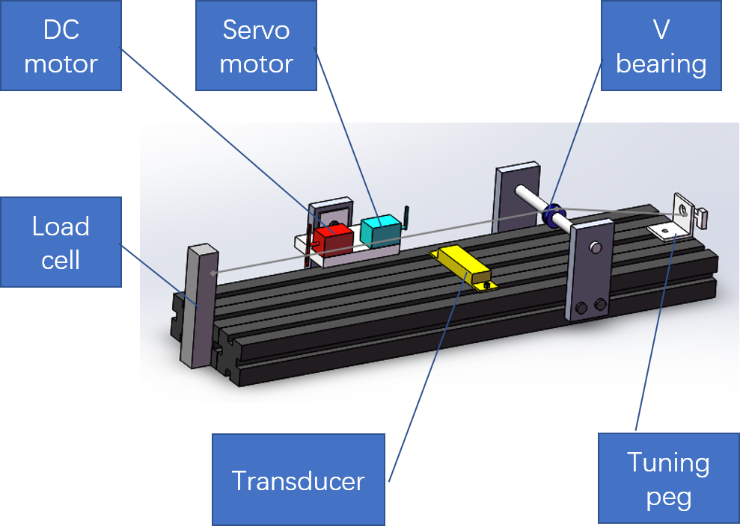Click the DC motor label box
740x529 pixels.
(x=61, y=46)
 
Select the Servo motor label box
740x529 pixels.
(x=256, y=46)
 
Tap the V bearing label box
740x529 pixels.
(x=661, y=46)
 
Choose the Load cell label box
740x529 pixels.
(x=61, y=241)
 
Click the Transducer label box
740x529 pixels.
(x=298, y=479)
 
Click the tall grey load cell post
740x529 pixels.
(x=197, y=306)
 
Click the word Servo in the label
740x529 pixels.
(x=256, y=30)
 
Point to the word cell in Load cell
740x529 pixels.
(x=61, y=259)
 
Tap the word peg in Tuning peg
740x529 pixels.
(x=668, y=497)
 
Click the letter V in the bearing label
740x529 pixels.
(x=661, y=30)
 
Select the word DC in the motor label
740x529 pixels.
(x=61, y=30)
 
